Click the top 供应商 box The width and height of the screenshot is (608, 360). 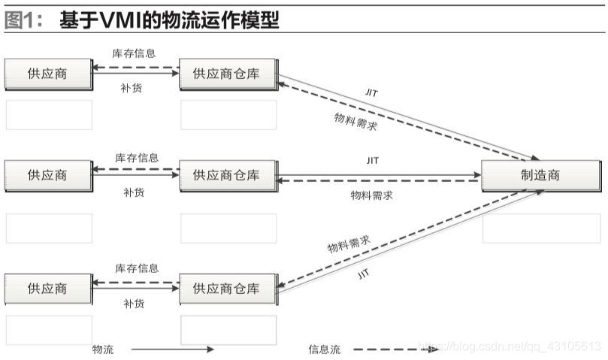tap(47, 74)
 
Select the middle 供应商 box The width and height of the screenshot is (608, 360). tap(47, 175)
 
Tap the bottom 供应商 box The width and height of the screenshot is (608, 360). tap(47, 289)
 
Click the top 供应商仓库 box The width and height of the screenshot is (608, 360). tap(227, 74)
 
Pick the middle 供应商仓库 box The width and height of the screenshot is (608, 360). tap(227, 175)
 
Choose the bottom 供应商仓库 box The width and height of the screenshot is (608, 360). tap(227, 289)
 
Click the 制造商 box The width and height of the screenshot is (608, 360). tap(540, 175)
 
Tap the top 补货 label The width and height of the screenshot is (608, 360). tap(132, 87)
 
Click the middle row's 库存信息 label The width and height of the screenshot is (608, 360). tap(137, 158)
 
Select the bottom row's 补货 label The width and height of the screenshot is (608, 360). tap(134, 304)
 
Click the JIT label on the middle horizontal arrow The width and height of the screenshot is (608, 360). tap(373, 160)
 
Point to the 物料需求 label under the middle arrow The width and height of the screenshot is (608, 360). tap(372, 195)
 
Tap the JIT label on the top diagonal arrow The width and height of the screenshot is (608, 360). tap(371, 92)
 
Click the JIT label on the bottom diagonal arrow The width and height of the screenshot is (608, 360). tap(364, 275)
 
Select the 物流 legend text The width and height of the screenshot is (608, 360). tap(102, 349)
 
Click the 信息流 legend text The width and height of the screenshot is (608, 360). tap(325, 349)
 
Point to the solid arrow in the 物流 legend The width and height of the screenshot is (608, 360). tap(173, 349)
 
